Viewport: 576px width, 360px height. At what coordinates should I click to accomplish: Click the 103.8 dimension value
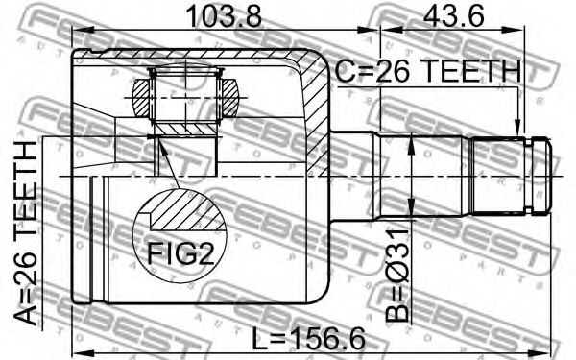pos(224,15)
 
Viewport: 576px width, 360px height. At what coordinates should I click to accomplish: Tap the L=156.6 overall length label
pos(308,339)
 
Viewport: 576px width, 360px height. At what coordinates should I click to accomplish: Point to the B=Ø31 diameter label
pos(397,276)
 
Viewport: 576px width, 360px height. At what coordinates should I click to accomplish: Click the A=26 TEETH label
pos(26,233)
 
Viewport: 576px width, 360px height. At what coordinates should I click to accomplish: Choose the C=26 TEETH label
pos(428,71)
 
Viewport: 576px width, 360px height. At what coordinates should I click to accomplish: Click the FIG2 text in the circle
pos(180,252)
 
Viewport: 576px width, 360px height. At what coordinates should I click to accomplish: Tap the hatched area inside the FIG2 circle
pos(186,210)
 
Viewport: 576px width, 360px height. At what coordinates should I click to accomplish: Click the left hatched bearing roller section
pos(141,98)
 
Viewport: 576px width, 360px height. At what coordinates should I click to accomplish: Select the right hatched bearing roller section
pos(230,98)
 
